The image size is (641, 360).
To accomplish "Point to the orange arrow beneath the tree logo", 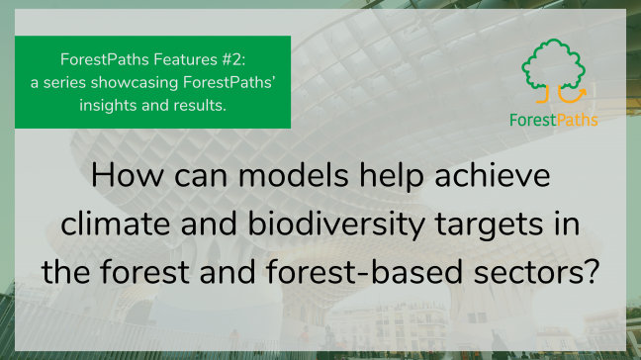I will point(574,96).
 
